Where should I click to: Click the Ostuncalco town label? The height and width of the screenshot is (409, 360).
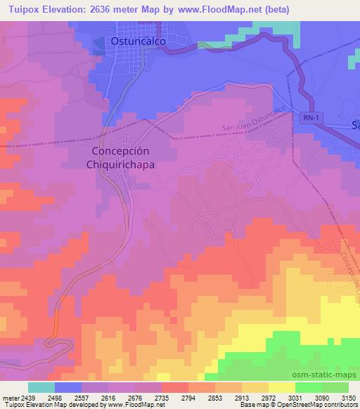click(x=140, y=42)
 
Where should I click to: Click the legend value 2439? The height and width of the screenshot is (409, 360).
click(x=27, y=397)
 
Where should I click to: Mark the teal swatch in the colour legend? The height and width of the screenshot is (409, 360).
click(x=41, y=387)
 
